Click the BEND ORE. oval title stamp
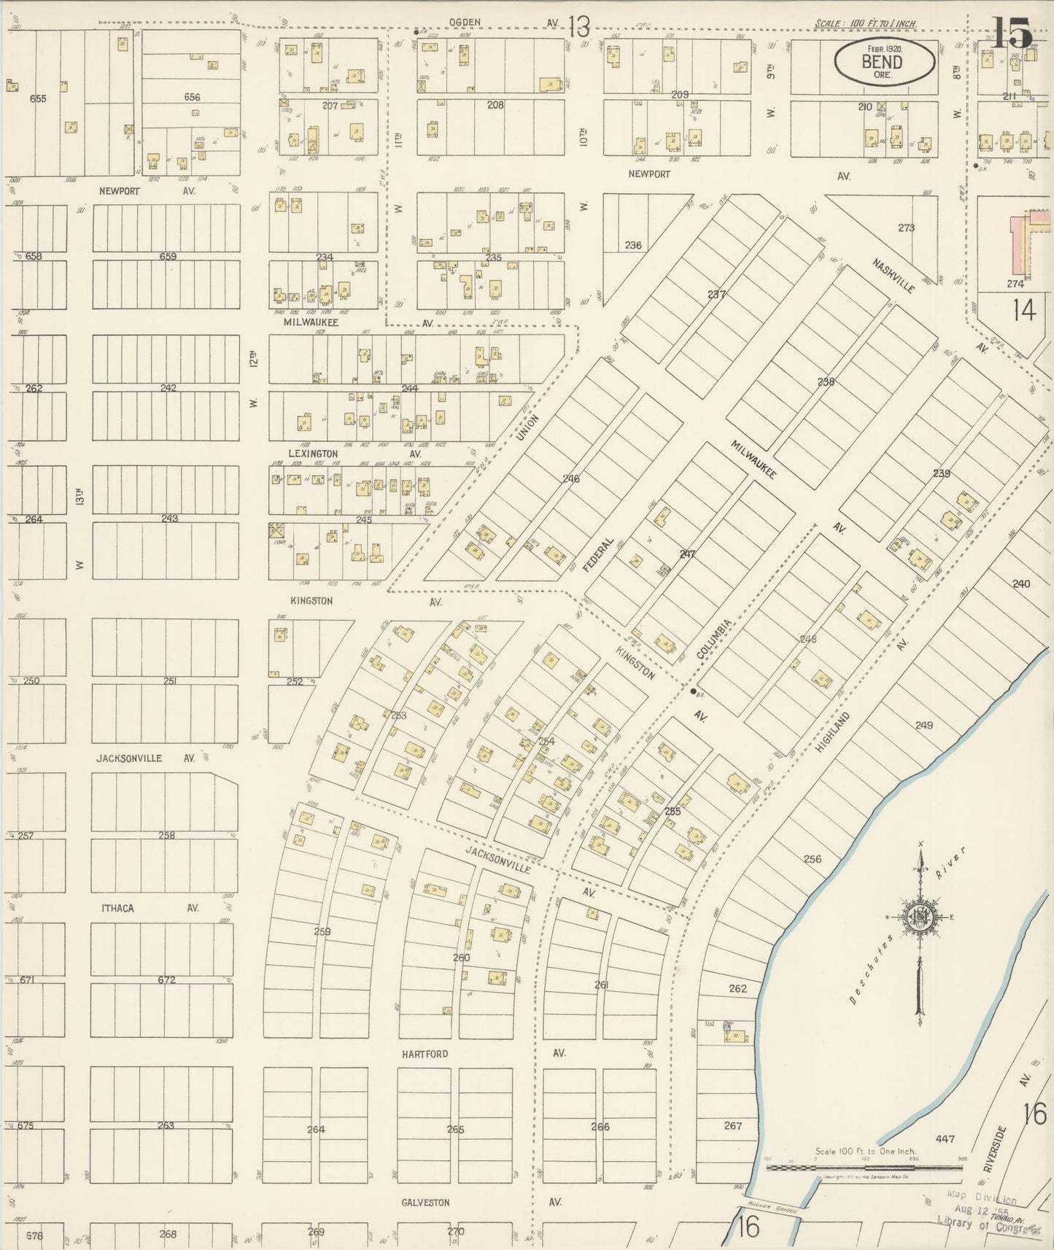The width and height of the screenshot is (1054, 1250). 884,61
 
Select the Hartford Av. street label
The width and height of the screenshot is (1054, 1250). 425,1054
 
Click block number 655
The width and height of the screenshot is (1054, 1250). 38,98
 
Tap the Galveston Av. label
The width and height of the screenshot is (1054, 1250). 425,1203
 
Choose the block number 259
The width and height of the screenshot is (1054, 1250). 322,931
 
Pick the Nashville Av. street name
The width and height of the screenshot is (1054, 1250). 893,276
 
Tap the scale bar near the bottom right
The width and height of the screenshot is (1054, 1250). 864,1167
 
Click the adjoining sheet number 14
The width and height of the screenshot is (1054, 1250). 1023,311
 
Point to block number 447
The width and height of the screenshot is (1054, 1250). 945,1138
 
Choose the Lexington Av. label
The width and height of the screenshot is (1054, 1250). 314,454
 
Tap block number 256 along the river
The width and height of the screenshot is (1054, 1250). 812,858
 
